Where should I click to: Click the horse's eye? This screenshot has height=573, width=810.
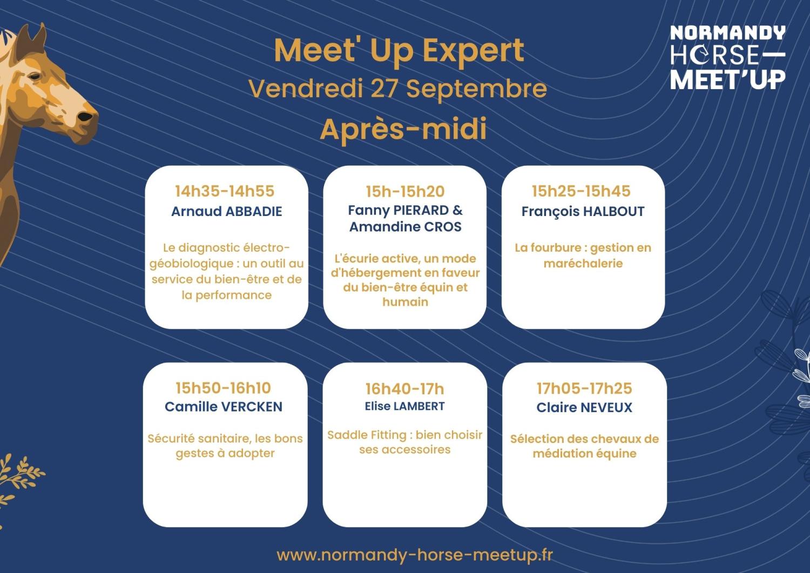point(35,76)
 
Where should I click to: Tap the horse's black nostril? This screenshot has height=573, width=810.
point(85,117)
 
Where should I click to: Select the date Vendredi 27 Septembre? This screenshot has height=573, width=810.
point(398,89)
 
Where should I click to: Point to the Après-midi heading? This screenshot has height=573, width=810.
point(403,129)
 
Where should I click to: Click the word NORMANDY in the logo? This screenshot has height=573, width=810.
point(727,32)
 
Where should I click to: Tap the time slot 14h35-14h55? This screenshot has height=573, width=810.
point(225,191)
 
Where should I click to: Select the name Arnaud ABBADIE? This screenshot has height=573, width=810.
point(227,211)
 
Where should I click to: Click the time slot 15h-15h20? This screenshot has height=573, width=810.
point(405,191)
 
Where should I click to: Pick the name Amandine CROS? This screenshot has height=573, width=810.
point(406,227)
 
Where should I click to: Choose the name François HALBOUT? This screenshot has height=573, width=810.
point(583,212)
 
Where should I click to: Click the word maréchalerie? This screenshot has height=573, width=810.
point(583,264)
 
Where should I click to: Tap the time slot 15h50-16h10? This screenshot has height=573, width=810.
point(223,388)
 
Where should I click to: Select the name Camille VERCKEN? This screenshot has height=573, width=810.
point(224,407)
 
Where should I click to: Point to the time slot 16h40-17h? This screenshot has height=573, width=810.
point(404,389)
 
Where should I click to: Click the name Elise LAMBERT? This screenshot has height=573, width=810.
point(404,406)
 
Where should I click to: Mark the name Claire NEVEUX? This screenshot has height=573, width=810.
point(584,408)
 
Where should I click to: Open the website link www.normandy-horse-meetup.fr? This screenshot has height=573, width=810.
point(415,555)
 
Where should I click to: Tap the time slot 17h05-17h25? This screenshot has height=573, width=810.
point(584,388)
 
